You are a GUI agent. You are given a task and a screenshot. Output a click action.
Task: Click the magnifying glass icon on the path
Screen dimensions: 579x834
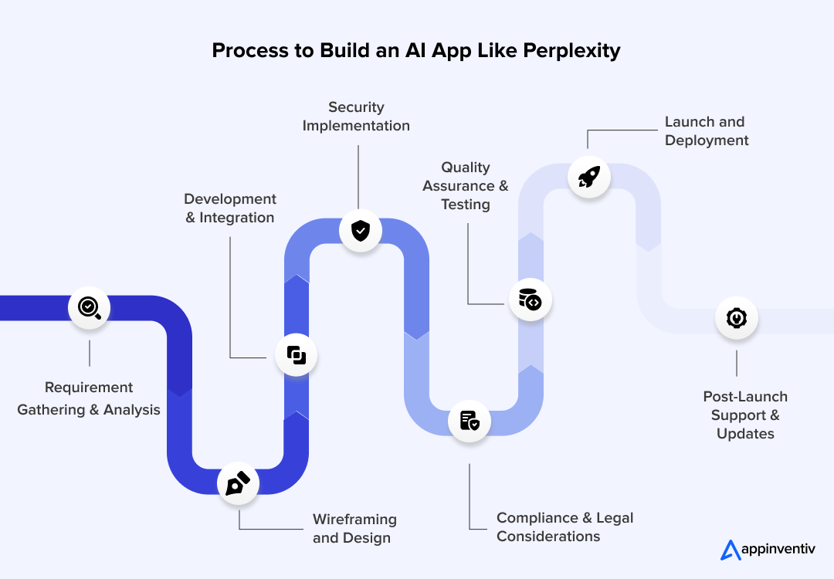[89, 307]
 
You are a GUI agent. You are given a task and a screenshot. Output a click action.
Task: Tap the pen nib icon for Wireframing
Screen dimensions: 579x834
[238, 484]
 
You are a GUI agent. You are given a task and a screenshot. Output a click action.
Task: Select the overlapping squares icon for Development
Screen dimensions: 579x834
[297, 355]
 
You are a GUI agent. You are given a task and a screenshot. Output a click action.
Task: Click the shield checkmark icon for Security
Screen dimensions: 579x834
[361, 230]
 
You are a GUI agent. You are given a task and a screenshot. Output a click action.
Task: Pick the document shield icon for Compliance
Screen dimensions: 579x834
[470, 421]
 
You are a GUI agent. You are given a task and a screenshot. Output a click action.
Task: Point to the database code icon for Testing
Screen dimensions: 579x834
[531, 300]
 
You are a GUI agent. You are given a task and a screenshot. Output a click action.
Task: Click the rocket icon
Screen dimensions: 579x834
[588, 178]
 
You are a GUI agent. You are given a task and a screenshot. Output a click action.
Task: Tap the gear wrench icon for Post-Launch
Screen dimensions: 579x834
[736, 318]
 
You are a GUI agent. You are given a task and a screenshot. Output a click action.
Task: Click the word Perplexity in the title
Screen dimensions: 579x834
[571, 51]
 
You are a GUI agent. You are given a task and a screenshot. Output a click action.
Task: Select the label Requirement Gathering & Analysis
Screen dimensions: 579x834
[89, 398]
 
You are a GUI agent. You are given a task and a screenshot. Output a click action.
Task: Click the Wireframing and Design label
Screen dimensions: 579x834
[354, 529]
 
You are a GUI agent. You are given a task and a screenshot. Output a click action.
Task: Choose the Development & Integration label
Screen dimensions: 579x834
[230, 208]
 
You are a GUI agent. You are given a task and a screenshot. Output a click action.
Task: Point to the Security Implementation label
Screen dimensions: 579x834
[356, 117]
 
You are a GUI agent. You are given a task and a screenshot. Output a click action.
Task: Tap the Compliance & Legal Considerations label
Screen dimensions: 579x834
[564, 527]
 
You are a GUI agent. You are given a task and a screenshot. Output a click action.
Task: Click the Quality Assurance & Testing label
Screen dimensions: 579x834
[466, 186]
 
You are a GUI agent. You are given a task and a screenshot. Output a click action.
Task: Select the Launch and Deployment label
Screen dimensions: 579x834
[706, 131]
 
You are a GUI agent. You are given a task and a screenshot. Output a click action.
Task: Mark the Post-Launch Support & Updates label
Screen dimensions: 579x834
[745, 415]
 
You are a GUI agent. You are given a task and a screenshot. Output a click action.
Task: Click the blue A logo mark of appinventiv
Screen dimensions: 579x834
[730, 550]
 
